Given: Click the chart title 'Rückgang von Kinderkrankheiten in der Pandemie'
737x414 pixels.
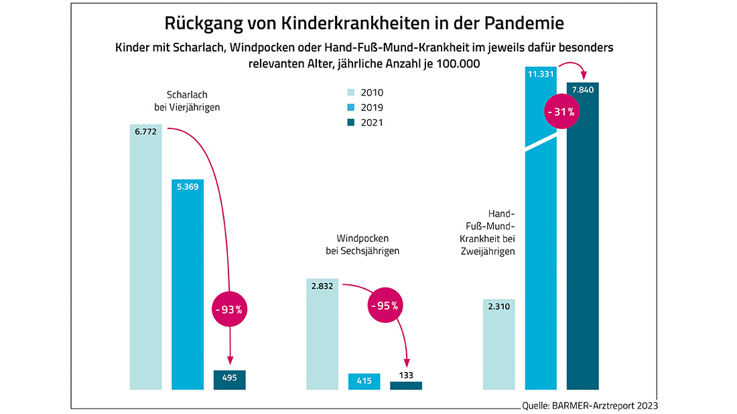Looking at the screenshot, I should point(364,23).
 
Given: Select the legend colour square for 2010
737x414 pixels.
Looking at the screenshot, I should point(349,93).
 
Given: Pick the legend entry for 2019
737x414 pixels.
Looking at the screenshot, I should point(364,108).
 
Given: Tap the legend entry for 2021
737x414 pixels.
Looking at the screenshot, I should point(364,122).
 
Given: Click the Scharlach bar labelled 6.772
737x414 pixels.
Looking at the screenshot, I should point(146,261).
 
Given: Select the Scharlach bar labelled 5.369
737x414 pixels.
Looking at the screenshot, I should point(188,288).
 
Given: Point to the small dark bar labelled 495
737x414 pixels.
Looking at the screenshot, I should point(230,379).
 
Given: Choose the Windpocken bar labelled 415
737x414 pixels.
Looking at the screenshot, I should point(364,381).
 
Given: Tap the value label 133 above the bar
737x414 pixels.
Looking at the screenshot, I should point(406,375).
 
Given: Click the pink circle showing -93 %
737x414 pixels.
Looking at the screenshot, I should point(230,310).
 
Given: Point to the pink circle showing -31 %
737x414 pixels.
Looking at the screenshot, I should point(561,112).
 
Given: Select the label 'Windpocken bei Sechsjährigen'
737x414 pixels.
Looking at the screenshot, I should point(358,245).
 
